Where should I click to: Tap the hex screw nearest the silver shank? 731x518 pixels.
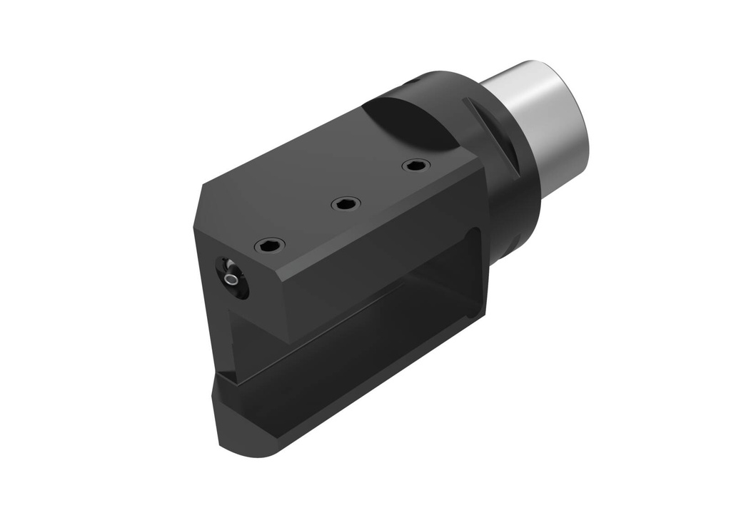point(416,166)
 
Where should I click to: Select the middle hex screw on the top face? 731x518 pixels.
point(346,205)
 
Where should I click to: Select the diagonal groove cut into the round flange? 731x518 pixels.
point(493,132)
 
